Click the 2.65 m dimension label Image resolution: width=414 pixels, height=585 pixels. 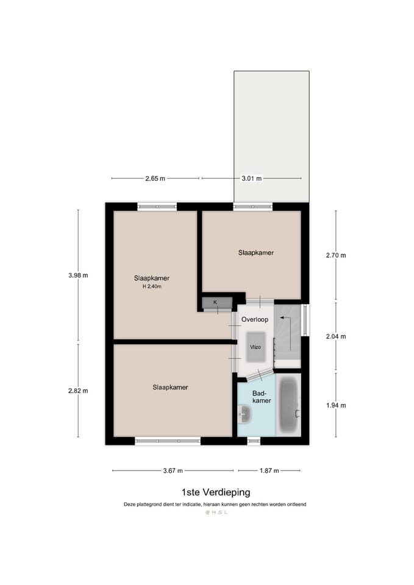(155, 179)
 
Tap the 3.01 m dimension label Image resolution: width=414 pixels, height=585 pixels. (251, 179)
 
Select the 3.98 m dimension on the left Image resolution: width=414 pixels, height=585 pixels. (78, 275)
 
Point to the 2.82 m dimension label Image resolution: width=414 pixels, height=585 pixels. (78, 391)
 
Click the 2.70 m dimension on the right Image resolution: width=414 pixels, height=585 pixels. (335, 255)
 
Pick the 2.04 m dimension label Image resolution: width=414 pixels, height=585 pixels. (335, 336)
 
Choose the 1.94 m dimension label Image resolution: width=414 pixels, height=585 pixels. (335, 405)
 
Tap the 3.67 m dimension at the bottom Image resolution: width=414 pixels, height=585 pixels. (173, 470)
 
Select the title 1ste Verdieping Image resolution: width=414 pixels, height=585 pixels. (215, 492)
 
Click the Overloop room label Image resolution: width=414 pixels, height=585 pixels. (254, 319)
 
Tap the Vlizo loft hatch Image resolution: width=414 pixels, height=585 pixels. (255, 346)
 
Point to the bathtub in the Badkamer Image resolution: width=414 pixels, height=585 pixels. (288, 405)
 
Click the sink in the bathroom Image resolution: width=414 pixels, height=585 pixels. (244, 415)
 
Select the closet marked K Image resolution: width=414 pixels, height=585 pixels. (215, 303)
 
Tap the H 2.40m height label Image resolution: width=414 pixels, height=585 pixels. (152, 286)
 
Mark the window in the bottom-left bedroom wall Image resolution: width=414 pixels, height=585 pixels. (168, 441)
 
